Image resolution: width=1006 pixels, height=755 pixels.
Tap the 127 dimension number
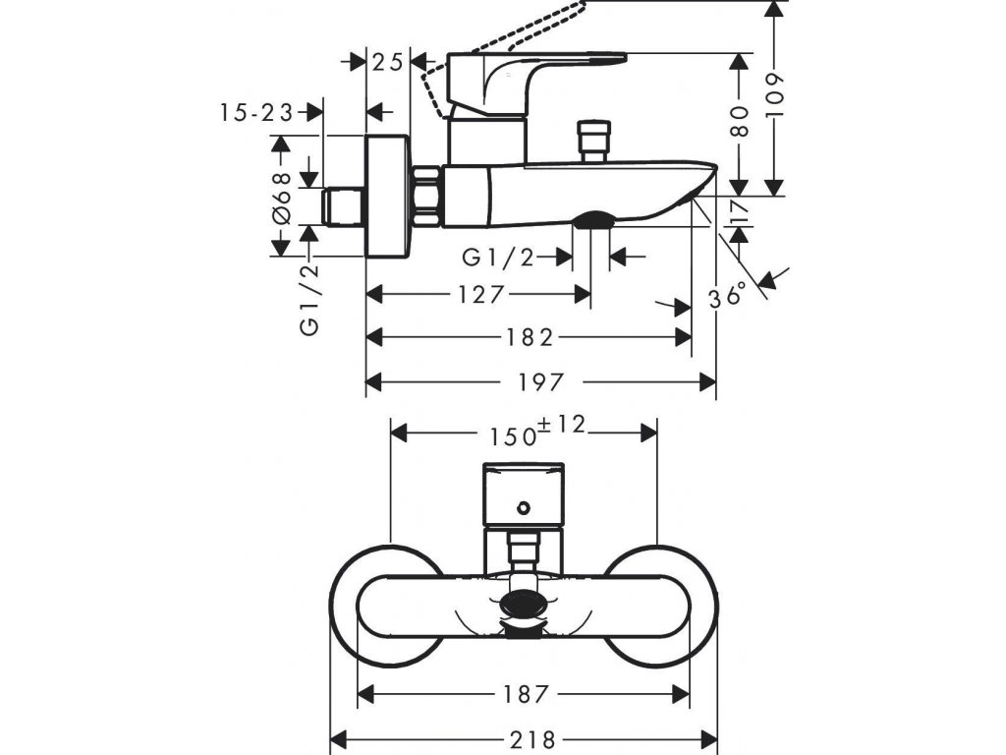tap(481, 294)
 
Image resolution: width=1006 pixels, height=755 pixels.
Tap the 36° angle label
tap(730, 293)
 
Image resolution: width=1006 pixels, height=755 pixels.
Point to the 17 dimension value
tap(739, 210)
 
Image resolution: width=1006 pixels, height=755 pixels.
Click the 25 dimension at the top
tap(389, 61)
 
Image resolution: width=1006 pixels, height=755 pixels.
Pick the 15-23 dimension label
tap(256, 113)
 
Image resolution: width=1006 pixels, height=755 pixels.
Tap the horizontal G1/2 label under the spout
tap(499, 258)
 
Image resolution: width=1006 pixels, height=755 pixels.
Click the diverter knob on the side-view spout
tap(593, 140)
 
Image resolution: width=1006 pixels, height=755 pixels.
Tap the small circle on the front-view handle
tap(524, 508)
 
